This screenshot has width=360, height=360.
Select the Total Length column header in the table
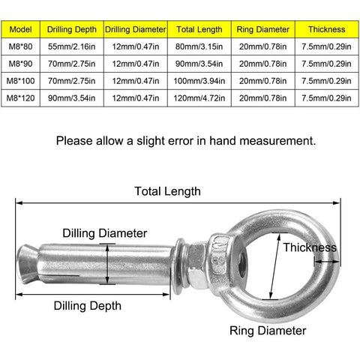tap(199, 30)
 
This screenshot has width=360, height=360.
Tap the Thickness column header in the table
tap(326, 30)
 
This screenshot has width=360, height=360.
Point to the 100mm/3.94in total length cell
tap(199, 79)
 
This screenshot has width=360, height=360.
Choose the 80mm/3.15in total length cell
tap(199, 46)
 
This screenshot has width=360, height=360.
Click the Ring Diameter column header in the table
tap(262, 30)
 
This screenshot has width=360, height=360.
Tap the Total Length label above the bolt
tap(167, 191)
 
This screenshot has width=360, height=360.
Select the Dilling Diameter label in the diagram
tap(104, 233)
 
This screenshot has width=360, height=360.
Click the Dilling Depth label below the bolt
tap(87, 306)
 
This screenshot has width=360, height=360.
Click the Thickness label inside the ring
tap(309, 247)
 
